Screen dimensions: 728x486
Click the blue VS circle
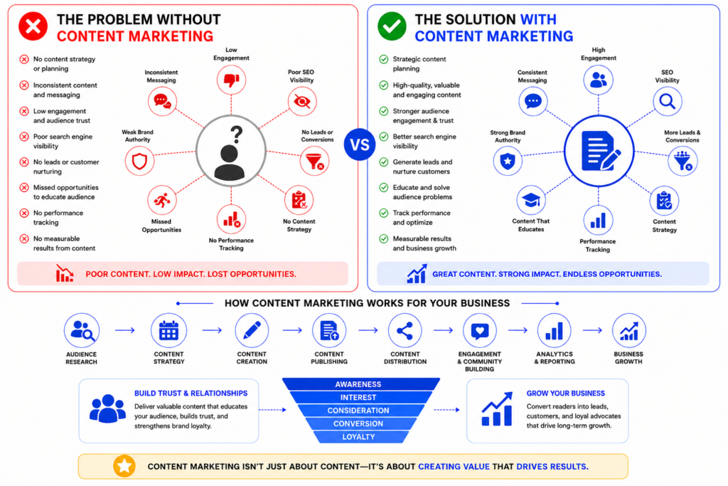point(360,144)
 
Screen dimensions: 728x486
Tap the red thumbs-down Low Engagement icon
point(231,80)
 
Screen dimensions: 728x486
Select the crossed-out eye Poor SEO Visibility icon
point(301,101)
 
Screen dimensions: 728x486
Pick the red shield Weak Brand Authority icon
point(139,161)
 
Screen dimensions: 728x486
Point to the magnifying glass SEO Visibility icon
point(667,101)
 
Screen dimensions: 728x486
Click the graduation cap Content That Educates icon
point(530,201)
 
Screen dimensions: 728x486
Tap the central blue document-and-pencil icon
point(599,151)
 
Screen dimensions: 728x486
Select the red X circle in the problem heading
point(33,26)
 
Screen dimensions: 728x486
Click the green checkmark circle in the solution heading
point(392,26)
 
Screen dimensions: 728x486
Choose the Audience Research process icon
point(82,331)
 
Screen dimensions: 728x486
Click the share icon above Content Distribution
point(405,331)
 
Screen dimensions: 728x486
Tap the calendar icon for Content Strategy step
point(168,331)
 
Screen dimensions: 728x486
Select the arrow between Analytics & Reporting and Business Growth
point(592,330)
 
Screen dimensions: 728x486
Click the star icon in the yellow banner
point(124,466)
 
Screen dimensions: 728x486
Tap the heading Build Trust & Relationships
point(191,393)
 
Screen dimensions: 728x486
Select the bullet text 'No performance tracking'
point(58,218)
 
